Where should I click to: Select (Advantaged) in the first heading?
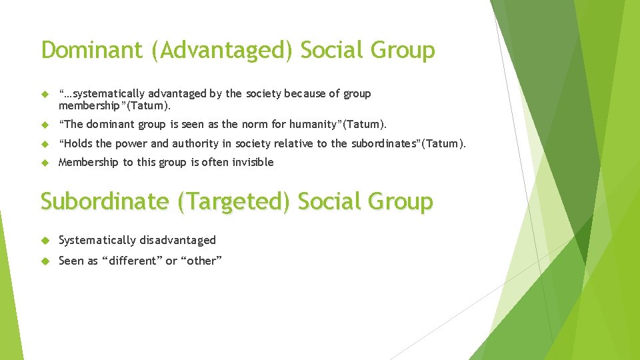pyautogui.click(x=222, y=51)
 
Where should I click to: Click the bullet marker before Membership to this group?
pyautogui.click(x=45, y=162)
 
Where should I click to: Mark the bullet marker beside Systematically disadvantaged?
pyautogui.click(x=45, y=240)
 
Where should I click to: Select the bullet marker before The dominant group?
pyautogui.click(x=45, y=124)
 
